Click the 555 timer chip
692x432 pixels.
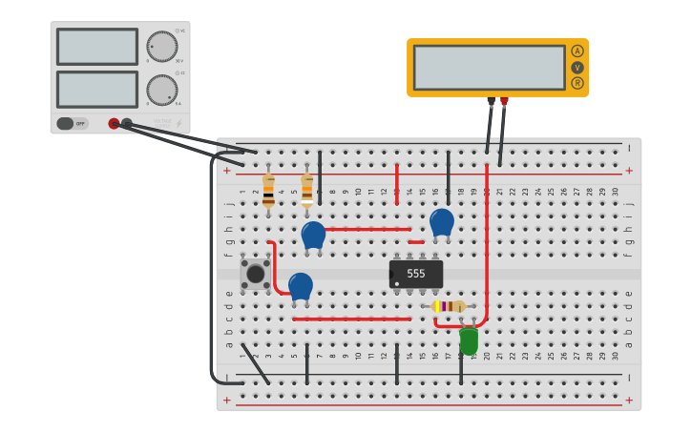416,274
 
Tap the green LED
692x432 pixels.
469,339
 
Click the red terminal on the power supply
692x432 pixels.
114,123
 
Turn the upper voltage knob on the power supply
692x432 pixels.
161,46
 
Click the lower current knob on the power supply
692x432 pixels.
161,90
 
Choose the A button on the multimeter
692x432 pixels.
577,51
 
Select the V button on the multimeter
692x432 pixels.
577,68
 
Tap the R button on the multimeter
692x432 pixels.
577,83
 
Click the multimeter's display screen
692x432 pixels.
490,67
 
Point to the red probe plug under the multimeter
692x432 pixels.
504,101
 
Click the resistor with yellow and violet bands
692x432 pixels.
449,306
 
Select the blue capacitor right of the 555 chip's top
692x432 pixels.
442,222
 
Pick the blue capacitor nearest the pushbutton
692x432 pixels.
301,286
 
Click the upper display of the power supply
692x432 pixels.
97,46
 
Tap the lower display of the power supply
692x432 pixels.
97,90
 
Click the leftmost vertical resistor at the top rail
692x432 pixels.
268,190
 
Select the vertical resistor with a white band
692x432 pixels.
306,189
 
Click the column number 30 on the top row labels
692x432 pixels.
615,192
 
